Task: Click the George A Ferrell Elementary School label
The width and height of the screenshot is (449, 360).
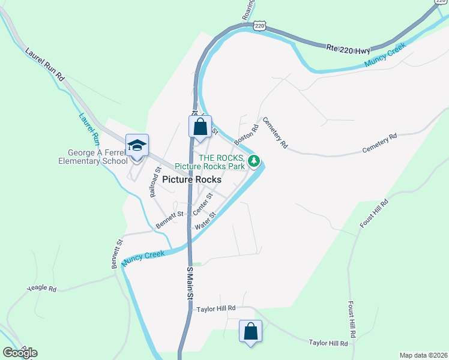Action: point(93,156)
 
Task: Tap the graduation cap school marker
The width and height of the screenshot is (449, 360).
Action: point(137,146)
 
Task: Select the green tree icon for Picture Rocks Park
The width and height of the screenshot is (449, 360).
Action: point(255,160)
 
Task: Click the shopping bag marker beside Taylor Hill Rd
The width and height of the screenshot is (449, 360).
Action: point(250,331)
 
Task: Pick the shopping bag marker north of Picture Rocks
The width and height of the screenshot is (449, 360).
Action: point(200,127)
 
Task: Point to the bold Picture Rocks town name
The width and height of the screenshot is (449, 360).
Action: point(191,179)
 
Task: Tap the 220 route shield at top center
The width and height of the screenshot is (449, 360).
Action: point(259,25)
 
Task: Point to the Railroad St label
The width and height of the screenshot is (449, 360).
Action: point(155,182)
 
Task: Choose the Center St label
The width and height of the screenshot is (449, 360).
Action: point(203,204)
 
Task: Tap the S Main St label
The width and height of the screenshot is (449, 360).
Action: point(190,284)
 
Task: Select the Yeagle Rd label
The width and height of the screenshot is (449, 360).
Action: point(41,289)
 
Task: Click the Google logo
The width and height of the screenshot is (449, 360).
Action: point(20,353)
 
